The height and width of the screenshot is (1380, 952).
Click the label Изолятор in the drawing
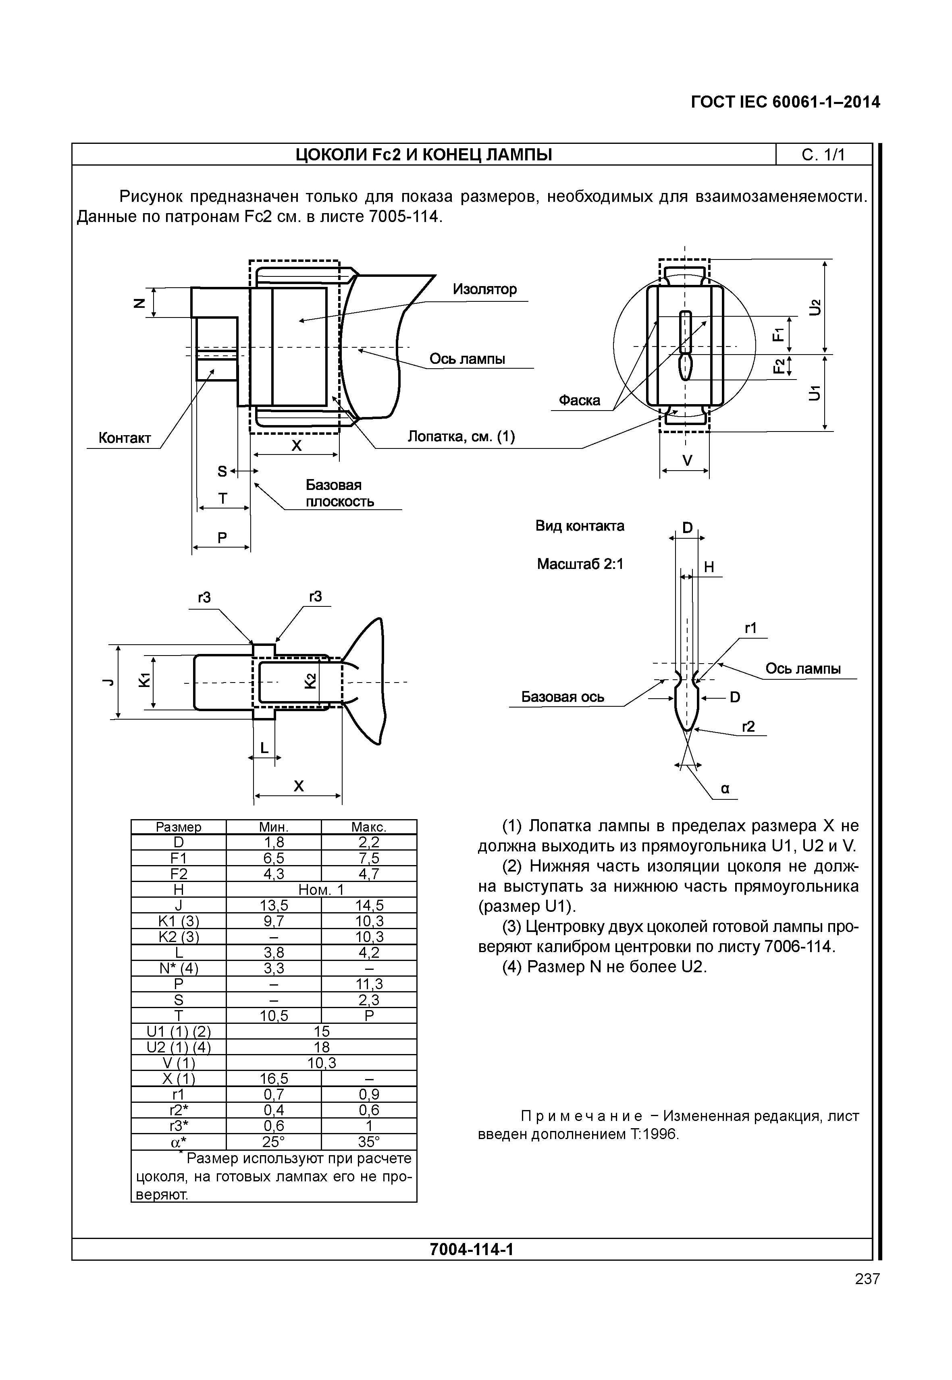pyautogui.click(x=484, y=289)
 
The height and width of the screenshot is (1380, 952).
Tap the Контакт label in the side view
pyautogui.click(x=124, y=438)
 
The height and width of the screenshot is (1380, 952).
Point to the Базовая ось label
pyautogui.click(x=563, y=697)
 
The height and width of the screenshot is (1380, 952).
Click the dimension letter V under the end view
pyautogui.click(x=687, y=461)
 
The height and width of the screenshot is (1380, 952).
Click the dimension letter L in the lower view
pyautogui.click(x=264, y=748)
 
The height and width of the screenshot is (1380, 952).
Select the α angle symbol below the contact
pyautogui.click(x=725, y=789)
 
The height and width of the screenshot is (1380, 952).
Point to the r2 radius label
pyautogui.click(x=748, y=726)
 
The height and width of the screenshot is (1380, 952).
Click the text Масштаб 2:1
pyautogui.click(x=580, y=564)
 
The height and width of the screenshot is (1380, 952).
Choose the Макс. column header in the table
pyautogui.click(x=369, y=827)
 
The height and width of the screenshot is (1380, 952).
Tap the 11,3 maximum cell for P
pyautogui.click(x=369, y=984)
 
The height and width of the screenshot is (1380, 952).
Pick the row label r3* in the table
pyautogui.click(x=179, y=1126)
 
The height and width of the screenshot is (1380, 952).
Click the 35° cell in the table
pyautogui.click(x=369, y=1141)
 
